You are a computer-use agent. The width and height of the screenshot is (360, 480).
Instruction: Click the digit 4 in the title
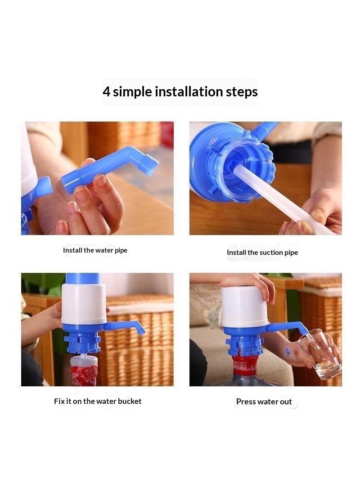pos(106,91)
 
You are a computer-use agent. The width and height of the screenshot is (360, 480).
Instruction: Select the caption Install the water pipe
pos(95,250)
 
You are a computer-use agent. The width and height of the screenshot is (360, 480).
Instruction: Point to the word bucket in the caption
pos(130,401)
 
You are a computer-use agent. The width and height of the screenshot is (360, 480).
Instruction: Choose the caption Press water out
pos(264,402)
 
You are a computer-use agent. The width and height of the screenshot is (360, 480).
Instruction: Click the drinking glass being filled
pos(319,354)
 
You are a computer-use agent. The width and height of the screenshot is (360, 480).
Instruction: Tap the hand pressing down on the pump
pos(251,285)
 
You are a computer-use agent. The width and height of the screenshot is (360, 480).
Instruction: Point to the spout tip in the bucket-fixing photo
pos(143,331)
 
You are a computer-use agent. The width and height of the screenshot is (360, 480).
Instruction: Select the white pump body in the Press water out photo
pos(244,307)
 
